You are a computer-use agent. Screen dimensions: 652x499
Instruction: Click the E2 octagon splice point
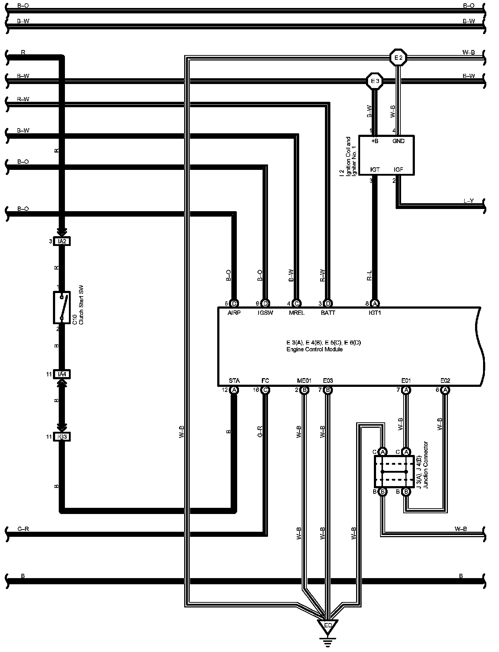(x=398, y=57)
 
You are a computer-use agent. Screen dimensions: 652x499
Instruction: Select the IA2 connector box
(x=62, y=241)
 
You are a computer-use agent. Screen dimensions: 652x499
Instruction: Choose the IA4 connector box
(x=62, y=374)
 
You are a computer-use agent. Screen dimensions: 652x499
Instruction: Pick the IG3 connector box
(x=62, y=436)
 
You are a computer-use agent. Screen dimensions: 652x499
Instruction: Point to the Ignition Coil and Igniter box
(x=386, y=155)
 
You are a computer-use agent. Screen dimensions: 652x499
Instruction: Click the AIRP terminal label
(x=234, y=313)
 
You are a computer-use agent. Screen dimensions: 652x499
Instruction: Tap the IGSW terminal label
(x=265, y=313)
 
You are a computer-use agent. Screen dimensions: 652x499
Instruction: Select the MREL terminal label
(x=297, y=313)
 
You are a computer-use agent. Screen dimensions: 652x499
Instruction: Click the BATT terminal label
(x=328, y=313)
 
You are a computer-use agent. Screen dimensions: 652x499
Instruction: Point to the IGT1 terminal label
(x=375, y=313)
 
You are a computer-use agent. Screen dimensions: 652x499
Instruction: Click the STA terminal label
(x=234, y=381)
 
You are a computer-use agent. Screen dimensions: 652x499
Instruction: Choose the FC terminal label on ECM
(x=265, y=381)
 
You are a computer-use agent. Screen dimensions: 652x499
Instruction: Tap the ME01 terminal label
(x=304, y=381)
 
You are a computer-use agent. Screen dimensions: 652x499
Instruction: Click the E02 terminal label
(x=445, y=381)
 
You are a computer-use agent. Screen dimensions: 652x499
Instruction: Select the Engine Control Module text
(x=314, y=350)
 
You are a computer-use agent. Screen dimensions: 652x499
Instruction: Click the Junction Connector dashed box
(x=394, y=471)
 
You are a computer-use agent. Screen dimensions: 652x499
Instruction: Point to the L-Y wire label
(x=469, y=201)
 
